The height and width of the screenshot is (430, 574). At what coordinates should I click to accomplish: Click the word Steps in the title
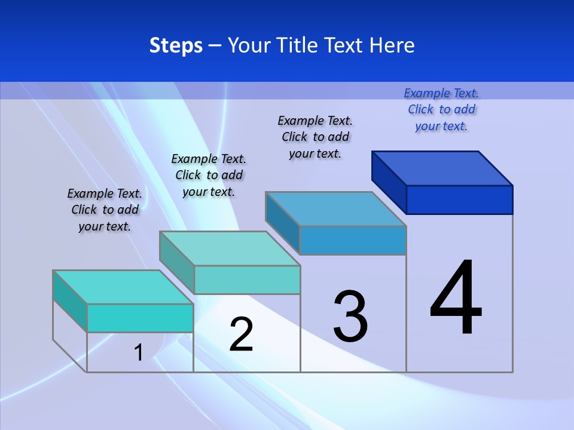tap(176, 45)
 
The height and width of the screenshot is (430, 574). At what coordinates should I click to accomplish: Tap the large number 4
tap(456, 298)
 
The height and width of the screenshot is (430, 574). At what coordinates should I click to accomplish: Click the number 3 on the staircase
tap(350, 317)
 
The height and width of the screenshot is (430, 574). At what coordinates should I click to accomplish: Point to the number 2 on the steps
tap(241, 334)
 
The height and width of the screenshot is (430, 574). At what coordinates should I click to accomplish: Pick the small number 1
tap(138, 352)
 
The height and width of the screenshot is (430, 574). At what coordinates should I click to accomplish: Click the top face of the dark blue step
tap(442, 168)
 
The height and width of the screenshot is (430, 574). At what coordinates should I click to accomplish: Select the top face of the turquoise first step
tap(123, 287)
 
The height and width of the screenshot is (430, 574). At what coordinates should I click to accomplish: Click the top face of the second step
tap(230, 248)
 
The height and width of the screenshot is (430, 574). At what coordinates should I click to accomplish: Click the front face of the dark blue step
tap(459, 199)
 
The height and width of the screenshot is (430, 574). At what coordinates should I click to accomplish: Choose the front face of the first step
tap(140, 318)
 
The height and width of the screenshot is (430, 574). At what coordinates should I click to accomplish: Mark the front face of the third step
tap(353, 240)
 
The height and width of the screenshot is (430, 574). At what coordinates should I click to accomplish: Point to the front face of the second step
tap(247, 279)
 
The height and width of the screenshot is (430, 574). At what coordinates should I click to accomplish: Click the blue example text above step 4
tap(441, 109)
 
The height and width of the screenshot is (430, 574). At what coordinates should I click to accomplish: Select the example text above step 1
tap(105, 210)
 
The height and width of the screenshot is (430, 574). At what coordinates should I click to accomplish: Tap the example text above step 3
tap(315, 137)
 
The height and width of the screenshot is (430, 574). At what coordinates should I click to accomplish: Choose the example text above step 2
tap(209, 175)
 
